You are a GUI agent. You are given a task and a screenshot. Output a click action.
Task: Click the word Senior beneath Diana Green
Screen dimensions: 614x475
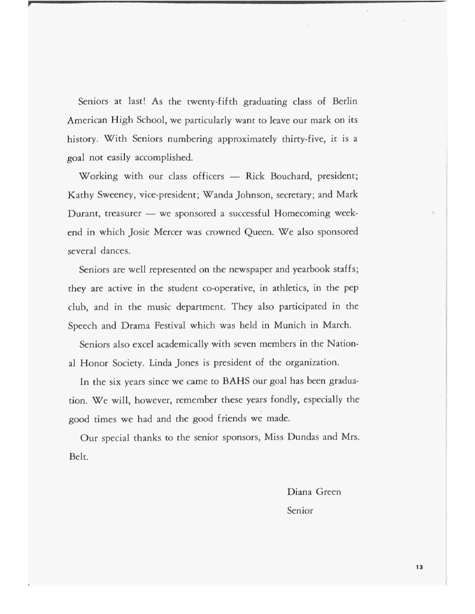click(x=300, y=511)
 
